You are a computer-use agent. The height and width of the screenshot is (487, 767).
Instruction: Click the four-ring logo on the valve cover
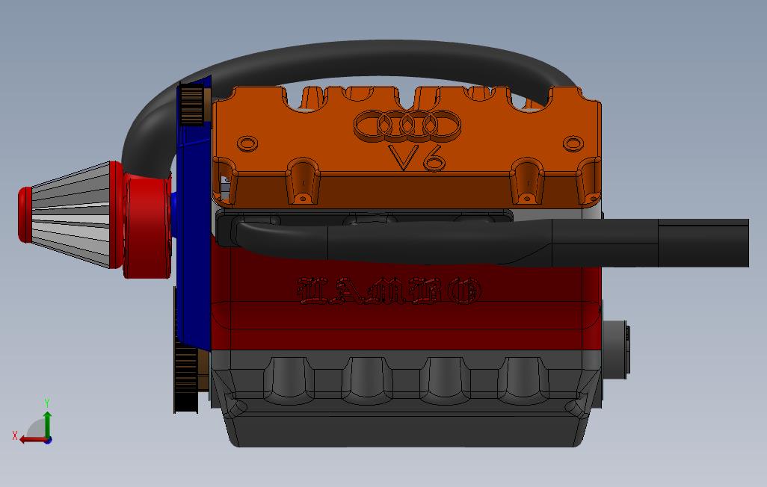407,125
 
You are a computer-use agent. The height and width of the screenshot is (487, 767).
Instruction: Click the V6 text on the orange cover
416,158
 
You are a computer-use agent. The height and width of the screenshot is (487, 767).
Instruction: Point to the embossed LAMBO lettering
389,291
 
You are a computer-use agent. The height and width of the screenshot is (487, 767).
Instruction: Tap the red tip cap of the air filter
25,214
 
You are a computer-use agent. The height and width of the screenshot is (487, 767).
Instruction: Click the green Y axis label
47,403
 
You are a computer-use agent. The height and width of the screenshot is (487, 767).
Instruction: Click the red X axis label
15,435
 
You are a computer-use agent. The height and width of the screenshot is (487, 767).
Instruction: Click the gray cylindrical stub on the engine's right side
617,348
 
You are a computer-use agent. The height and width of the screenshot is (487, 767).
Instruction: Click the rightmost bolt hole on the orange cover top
573,143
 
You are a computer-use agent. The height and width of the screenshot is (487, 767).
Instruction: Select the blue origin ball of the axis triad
48,440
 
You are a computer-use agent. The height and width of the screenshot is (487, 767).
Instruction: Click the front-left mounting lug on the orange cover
303,183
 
